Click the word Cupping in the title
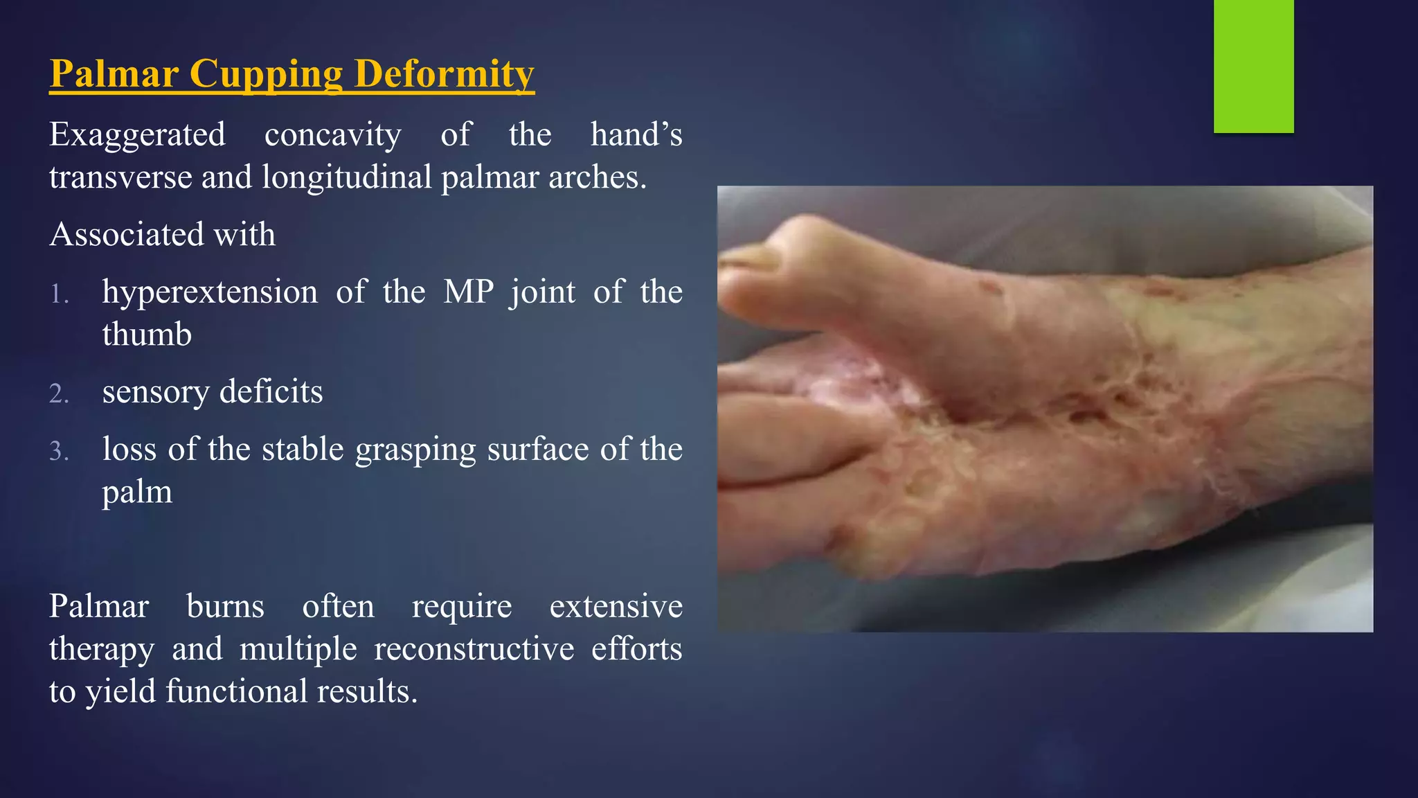click(266, 73)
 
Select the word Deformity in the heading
click(444, 73)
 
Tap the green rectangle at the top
click(1253, 66)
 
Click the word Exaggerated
click(137, 135)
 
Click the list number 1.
click(59, 294)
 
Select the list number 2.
click(59, 393)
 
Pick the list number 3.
click(59, 452)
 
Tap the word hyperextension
click(210, 292)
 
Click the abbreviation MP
click(468, 292)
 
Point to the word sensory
click(155, 392)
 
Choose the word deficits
click(271, 391)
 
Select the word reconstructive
click(474, 649)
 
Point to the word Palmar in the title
click(114, 73)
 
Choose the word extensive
click(616, 607)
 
